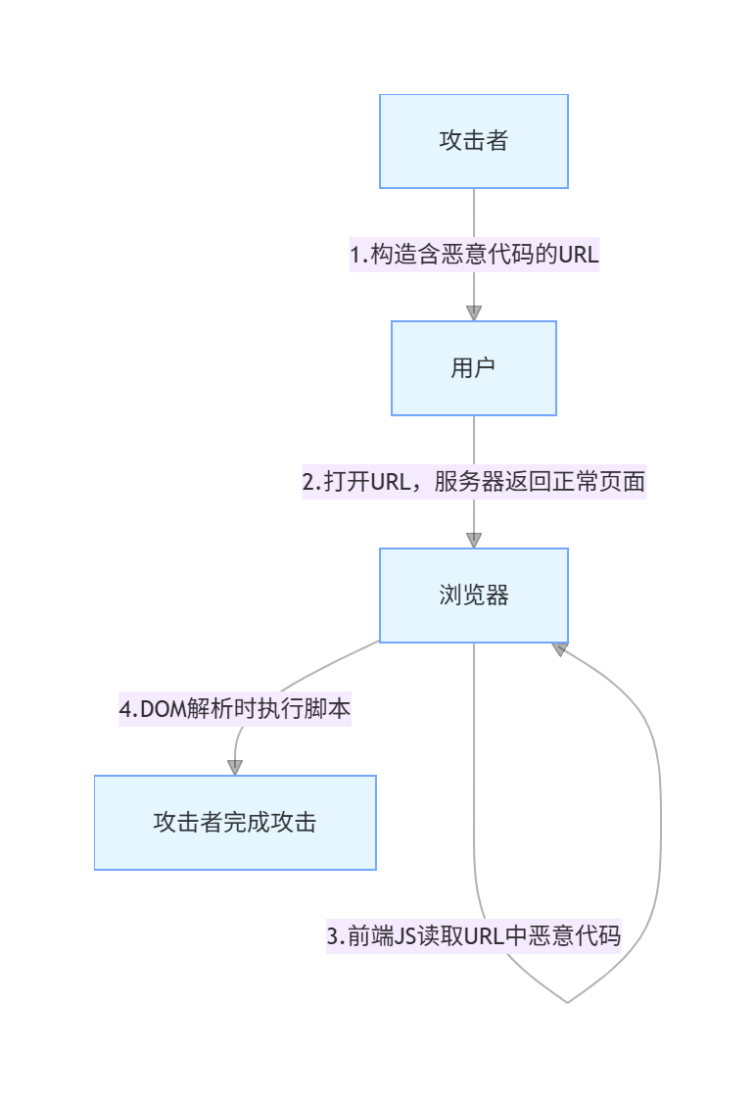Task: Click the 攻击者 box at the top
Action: pos(474,141)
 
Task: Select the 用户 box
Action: pos(474,368)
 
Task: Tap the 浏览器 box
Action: pos(474,596)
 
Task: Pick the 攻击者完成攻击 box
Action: pos(235,823)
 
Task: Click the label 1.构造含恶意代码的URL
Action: pos(474,255)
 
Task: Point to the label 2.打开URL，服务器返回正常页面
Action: pos(474,482)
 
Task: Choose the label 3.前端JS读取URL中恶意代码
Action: pos(474,935)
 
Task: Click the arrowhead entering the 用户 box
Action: pos(474,313)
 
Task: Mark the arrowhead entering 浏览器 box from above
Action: pos(474,541)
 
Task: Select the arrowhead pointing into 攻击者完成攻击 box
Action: pos(235,768)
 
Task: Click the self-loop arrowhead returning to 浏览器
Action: pos(560,649)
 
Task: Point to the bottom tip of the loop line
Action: pos(567,1001)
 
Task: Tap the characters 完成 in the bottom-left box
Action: pos(246,823)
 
